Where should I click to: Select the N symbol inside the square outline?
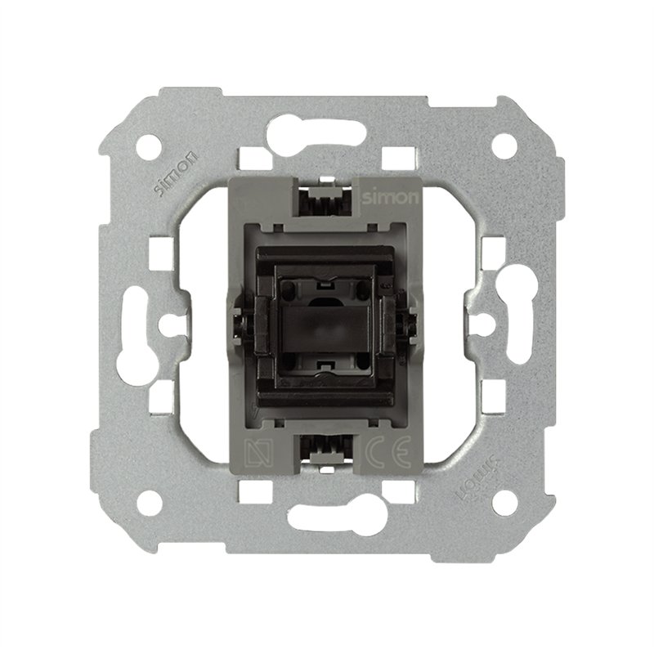(x=255, y=451)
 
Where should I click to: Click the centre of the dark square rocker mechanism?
(x=327, y=325)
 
